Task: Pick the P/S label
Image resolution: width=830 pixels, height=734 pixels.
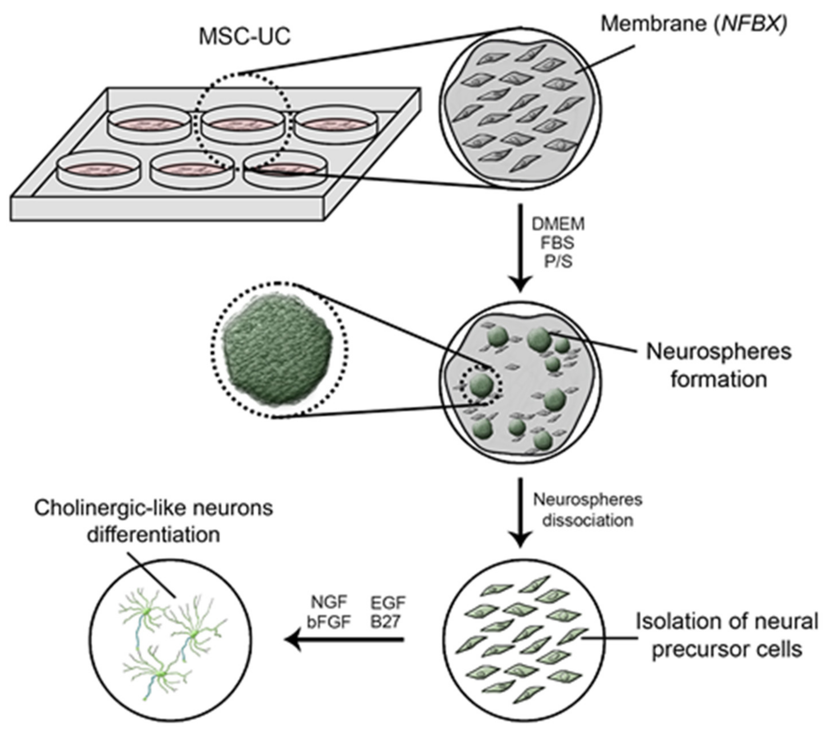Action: [x=558, y=261]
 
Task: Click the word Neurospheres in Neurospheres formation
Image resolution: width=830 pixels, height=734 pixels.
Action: [x=719, y=352]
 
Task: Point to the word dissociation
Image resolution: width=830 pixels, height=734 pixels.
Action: [x=588, y=520]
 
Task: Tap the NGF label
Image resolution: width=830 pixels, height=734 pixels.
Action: [x=329, y=603]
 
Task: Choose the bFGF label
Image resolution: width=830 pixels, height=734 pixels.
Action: [x=329, y=622]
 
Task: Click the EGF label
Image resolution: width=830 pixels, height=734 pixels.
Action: [x=388, y=603]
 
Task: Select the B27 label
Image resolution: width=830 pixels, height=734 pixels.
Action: [x=385, y=622]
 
